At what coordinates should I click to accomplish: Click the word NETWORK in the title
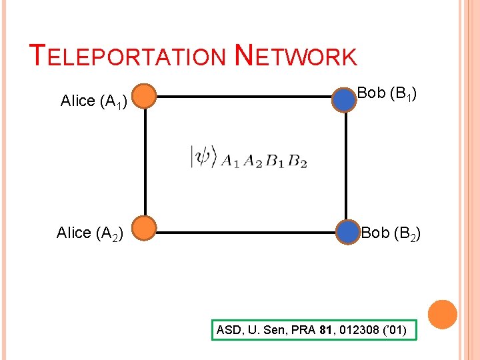pyautogui.click(x=297, y=56)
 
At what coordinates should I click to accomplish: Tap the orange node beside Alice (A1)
pyautogui.click(x=144, y=97)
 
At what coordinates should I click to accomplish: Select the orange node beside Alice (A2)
pyautogui.click(x=144, y=229)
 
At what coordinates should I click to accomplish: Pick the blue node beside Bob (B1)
pyautogui.click(x=345, y=99)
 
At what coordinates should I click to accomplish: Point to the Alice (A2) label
pyautogui.click(x=88, y=233)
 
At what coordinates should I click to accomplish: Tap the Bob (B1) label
pyautogui.click(x=387, y=93)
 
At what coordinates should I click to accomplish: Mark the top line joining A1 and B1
pyautogui.click(x=244, y=97)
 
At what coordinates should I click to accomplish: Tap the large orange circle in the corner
pyautogui.click(x=442, y=315)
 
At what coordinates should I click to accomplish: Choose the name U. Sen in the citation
pyautogui.click(x=262, y=330)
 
